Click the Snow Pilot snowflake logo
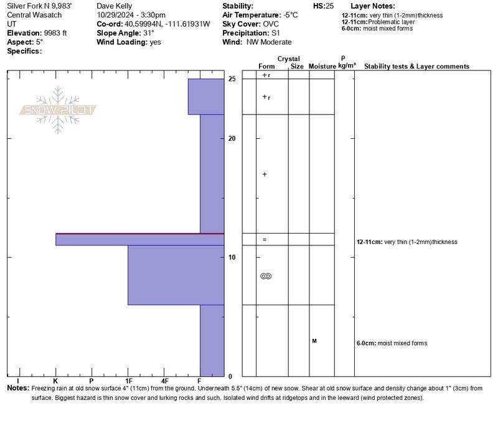(x=59, y=110)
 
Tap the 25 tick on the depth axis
(x=232, y=79)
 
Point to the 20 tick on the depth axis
(x=232, y=138)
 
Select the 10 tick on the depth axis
(x=232, y=257)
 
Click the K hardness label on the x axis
(x=55, y=381)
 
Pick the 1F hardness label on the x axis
(x=128, y=381)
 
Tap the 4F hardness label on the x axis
(x=164, y=381)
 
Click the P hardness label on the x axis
(x=92, y=381)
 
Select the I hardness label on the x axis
(x=18, y=381)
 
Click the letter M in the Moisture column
(x=314, y=341)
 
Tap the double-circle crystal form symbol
(x=266, y=276)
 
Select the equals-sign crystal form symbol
(x=265, y=239)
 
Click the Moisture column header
(x=322, y=66)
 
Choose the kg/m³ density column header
(x=347, y=65)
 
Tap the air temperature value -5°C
(x=290, y=15)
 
